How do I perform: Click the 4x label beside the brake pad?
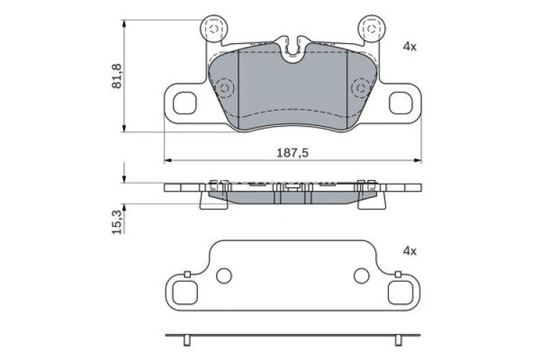(410, 46)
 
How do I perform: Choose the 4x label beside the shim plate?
(410, 251)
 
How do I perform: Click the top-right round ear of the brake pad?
(372, 29)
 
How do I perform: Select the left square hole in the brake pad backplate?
(186, 103)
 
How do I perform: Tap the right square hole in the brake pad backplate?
(399, 103)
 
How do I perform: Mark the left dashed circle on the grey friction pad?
(225, 89)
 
